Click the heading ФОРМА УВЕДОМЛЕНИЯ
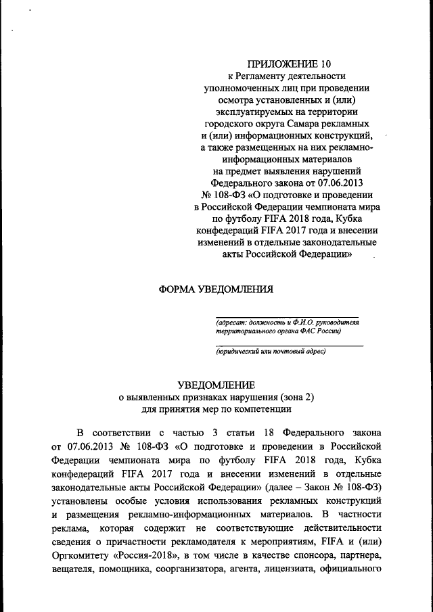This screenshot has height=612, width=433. click(216, 289)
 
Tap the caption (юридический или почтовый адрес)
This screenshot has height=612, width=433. click(271, 352)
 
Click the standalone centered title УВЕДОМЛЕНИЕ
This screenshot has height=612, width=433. click(216, 385)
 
